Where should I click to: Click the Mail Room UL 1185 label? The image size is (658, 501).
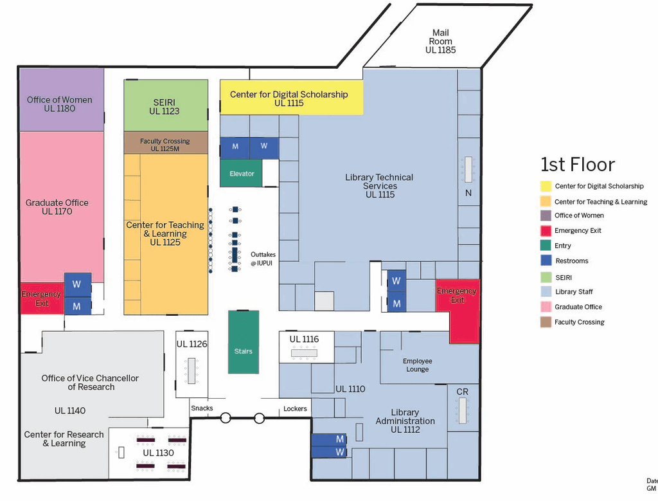[440, 41]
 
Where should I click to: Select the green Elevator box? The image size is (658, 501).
[242, 174]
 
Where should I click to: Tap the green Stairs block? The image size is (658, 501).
[244, 351]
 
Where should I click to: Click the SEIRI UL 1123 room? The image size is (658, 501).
[165, 106]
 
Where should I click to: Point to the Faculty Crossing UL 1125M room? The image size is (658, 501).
[165, 144]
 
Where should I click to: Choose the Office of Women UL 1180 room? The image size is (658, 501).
[60, 104]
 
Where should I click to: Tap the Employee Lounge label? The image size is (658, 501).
[417, 365]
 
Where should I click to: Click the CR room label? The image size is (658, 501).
[462, 392]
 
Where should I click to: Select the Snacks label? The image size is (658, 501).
[202, 408]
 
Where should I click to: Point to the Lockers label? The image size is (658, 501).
[295, 408]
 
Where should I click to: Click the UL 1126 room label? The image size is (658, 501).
[191, 344]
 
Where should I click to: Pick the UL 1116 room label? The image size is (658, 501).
[304, 339]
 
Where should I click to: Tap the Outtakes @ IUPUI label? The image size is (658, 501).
[263, 259]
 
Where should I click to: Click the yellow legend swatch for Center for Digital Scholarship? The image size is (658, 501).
[545, 187]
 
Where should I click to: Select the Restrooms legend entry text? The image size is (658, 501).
[571, 261]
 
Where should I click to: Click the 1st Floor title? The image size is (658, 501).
[577, 165]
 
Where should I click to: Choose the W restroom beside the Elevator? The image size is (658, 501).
[263, 147]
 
